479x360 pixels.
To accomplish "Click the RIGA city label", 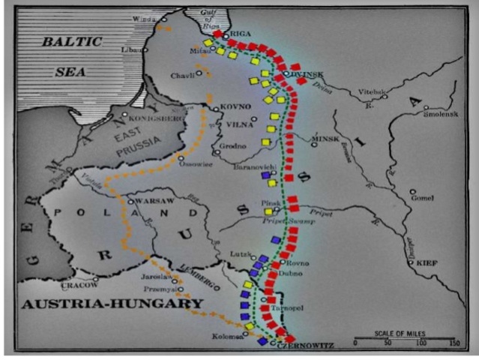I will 241,34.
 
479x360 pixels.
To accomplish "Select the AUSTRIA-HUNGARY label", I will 112,304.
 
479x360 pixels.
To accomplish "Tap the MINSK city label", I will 325,139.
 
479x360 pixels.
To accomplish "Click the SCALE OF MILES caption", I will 406,333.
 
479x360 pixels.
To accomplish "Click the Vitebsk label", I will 371,90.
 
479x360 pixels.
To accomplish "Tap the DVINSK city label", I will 307,73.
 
